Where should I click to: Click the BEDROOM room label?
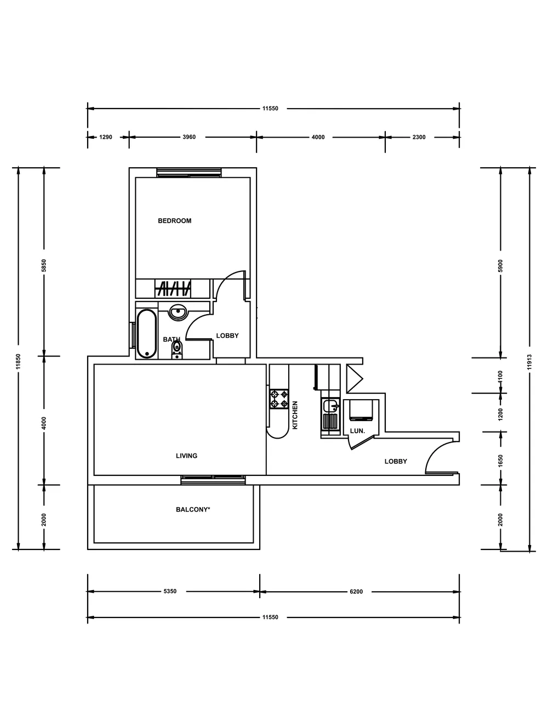[x=174, y=221]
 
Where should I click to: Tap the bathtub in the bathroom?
[x=146, y=333]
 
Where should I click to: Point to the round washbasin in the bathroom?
[x=178, y=312]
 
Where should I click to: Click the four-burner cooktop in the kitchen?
[x=279, y=399]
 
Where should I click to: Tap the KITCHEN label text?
[x=295, y=415]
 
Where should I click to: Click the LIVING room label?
[x=186, y=456]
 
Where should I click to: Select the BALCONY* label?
[x=193, y=509]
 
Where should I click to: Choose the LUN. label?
[x=357, y=431]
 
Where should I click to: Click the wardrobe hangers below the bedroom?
[x=174, y=288]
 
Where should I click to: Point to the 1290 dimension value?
[x=105, y=137]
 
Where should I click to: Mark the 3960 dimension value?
[x=189, y=137]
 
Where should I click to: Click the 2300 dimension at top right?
[x=419, y=137]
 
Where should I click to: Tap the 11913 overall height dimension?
[x=529, y=362]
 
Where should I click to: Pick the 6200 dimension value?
[x=356, y=592]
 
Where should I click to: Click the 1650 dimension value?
[x=500, y=461]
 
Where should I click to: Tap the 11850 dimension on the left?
[x=18, y=362]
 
